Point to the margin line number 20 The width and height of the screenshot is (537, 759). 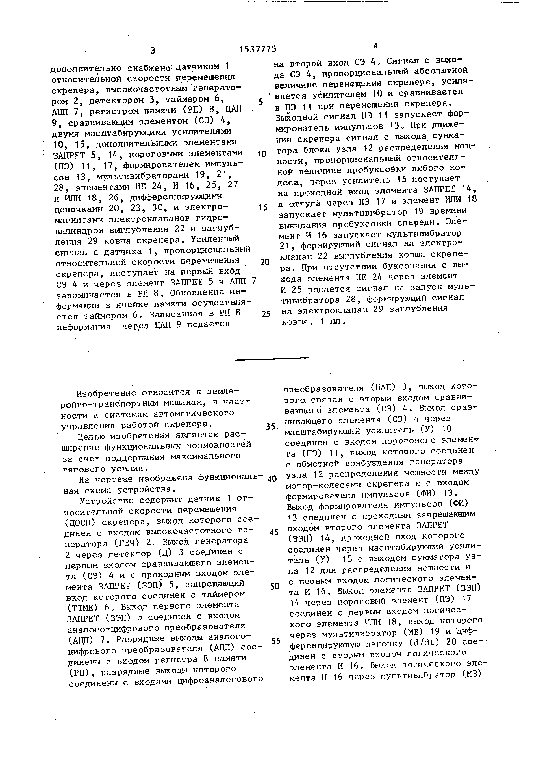point(265,262)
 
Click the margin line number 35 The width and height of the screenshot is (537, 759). point(270,427)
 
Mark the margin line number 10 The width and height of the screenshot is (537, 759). point(261,154)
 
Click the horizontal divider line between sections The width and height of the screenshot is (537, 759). point(272,358)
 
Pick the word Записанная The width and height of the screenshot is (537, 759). point(172,313)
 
